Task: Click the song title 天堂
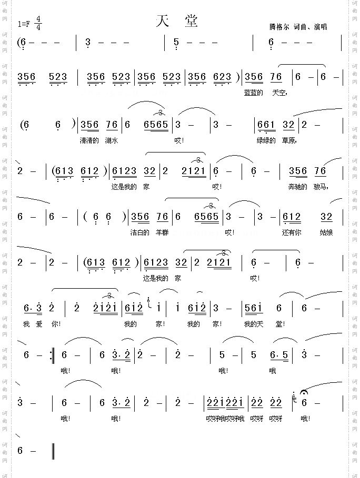click(177, 21)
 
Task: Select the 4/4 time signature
click(39, 23)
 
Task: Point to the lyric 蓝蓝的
click(254, 93)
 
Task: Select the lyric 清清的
click(89, 140)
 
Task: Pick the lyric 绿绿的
click(266, 140)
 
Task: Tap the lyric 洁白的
click(141, 232)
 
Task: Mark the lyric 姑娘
click(327, 232)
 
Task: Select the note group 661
click(266, 125)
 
